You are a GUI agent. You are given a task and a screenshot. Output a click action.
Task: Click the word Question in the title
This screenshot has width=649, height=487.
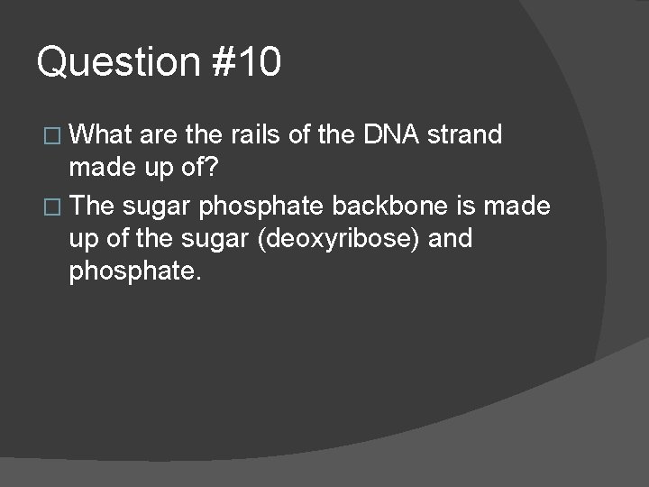click(117, 63)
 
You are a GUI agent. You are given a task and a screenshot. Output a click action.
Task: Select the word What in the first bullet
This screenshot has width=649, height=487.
click(101, 135)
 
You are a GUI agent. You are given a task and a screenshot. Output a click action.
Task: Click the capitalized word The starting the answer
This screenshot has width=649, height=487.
click(92, 207)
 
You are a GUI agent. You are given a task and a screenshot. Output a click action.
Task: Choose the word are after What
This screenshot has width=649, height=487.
click(159, 136)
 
